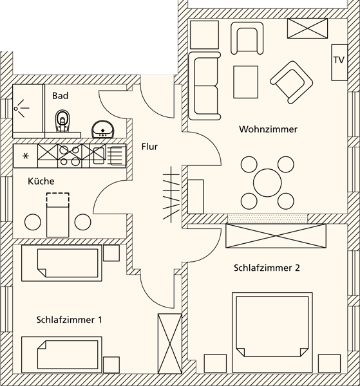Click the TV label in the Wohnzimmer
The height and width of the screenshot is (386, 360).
click(339, 60)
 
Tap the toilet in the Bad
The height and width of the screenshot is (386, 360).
click(62, 121)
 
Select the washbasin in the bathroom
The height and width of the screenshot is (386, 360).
click(103, 129)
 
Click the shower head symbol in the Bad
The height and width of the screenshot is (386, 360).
click(21, 108)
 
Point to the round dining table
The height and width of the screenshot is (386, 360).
click(267, 183)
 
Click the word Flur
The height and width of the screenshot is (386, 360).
click(149, 147)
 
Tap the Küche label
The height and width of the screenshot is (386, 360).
click(41, 181)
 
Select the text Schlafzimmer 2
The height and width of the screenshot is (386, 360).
click(267, 268)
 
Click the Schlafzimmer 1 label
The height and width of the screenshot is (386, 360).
click(69, 320)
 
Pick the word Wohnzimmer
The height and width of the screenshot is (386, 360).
click(268, 129)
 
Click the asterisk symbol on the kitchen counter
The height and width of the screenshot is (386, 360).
click(25, 156)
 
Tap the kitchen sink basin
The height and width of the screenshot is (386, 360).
click(99, 156)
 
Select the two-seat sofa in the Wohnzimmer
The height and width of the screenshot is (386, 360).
click(204, 86)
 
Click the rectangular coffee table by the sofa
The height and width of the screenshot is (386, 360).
click(246, 82)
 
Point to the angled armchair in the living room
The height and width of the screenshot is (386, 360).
click(292, 82)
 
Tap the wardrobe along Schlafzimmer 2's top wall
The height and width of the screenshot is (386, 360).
click(276, 236)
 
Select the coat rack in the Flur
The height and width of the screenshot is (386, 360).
click(171, 194)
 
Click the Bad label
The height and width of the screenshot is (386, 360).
click(60, 96)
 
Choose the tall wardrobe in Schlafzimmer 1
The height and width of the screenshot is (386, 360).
click(170, 344)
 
